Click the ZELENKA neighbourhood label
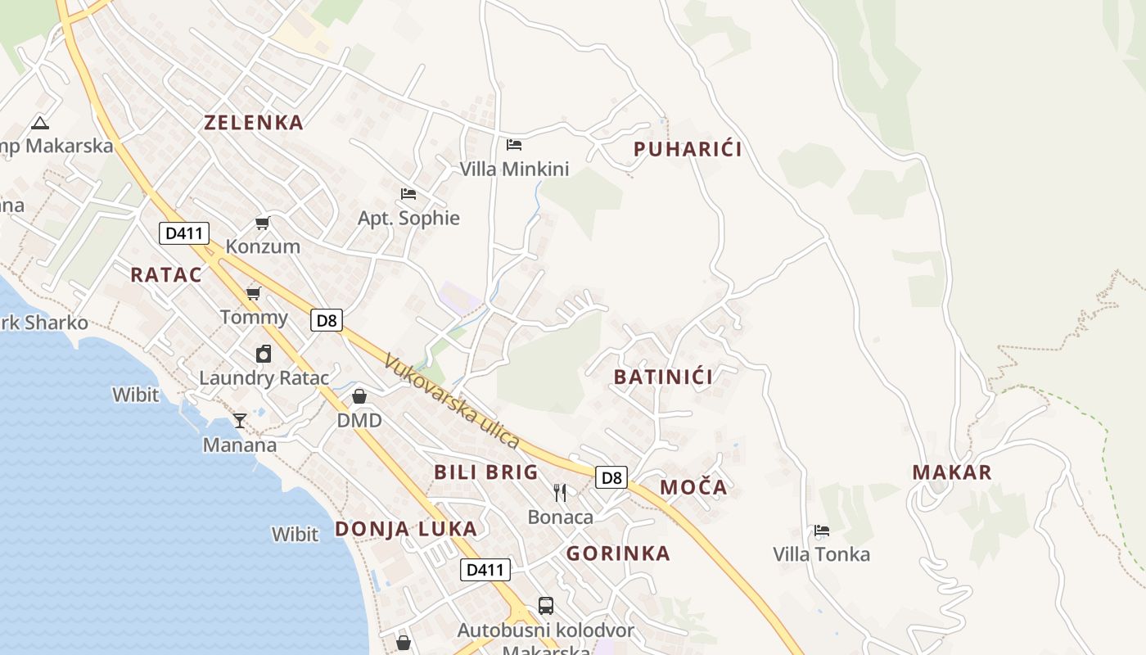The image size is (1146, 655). pos(254,123)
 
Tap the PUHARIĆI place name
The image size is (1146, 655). pos(688,149)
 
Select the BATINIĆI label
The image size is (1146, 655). pos(663,377)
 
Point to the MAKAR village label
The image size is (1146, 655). pos(952,472)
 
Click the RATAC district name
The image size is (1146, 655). pos(166,275)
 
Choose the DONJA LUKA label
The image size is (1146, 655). pos(405,529)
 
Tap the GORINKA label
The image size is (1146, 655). pos(618,553)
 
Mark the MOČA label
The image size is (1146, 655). pos(693,488)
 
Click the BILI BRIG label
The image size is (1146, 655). pos(485,472)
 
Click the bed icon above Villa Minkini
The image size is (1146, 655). pos(514,145)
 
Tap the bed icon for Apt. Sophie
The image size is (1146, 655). pos(408,194)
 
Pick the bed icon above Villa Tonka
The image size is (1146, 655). pos(822,531)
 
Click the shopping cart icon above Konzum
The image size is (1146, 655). pos(263,223)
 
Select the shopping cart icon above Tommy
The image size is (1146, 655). pos(254,293)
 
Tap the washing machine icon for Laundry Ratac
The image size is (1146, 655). pos(264,354)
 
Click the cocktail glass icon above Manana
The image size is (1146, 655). pos(240,421)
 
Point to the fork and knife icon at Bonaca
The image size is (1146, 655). pos(560,492)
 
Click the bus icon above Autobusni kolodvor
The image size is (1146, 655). pos(546,606)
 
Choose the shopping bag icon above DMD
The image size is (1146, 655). pos(359,397)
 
